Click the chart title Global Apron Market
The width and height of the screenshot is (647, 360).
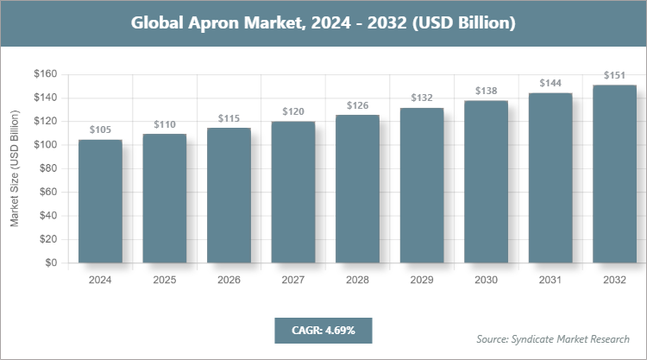[x=323, y=23]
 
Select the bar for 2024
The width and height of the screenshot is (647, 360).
[x=100, y=201]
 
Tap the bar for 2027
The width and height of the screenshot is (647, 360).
[x=293, y=192]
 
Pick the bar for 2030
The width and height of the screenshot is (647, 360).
[x=486, y=181]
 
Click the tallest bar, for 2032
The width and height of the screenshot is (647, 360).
[x=614, y=174]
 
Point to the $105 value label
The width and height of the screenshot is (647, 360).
[x=100, y=129]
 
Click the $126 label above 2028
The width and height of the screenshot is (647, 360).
[x=357, y=105]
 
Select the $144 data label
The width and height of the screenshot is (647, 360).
[x=550, y=83]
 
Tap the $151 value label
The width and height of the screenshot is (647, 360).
[x=614, y=75]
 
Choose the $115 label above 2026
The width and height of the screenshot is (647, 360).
[x=229, y=117]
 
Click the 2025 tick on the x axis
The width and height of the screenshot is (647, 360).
[x=164, y=280]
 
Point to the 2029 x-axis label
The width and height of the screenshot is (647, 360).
[x=422, y=280]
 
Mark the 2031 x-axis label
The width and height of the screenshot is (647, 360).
[x=550, y=280]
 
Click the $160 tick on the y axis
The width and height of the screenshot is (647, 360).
[x=45, y=74]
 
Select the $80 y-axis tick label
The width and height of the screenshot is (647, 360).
[x=47, y=168]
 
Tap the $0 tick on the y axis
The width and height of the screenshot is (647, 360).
[x=51, y=262]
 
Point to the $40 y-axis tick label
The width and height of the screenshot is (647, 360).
[x=47, y=216]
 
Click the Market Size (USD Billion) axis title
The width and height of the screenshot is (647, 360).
[x=15, y=168]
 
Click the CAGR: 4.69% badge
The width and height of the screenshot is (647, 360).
[x=323, y=330]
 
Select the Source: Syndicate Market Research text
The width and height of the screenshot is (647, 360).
[x=553, y=338]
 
